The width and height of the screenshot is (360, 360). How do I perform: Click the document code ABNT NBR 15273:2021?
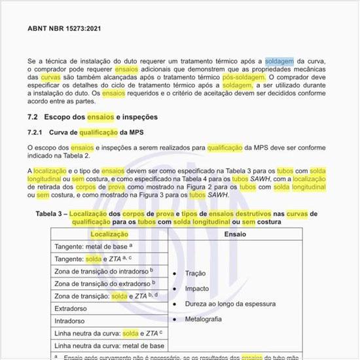(64, 29)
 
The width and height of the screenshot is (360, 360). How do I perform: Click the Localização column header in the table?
(110, 234)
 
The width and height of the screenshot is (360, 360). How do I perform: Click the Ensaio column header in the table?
(235, 234)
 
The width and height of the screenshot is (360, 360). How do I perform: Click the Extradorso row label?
(71, 308)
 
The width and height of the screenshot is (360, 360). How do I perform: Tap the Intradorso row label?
(69, 321)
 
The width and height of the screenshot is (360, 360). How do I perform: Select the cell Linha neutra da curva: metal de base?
(109, 346)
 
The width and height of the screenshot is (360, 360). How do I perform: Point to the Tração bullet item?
(195, 273)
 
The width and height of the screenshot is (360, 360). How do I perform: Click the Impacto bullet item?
(197, 288)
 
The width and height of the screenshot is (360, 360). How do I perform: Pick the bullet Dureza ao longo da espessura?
(230, 304)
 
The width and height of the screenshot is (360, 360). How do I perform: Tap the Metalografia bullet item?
(203, 319)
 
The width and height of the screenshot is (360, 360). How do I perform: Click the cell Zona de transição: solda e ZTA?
(107, 296)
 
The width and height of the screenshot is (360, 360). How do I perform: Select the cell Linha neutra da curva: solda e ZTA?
(108, 333)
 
